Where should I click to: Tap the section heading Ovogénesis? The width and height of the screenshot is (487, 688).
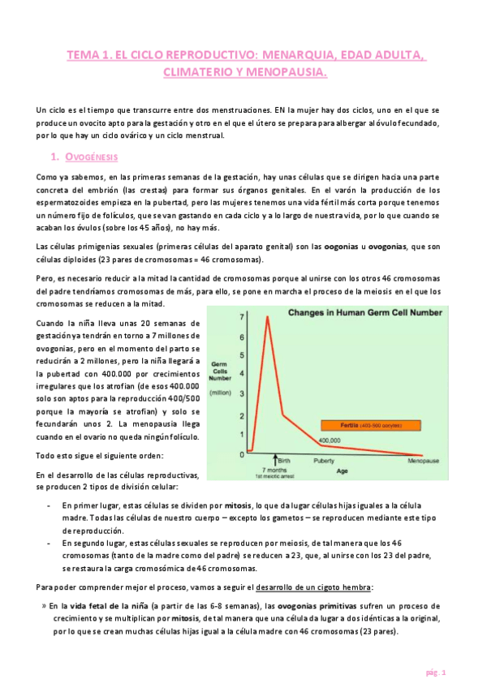coord(89,155)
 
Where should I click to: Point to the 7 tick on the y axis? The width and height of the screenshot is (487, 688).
coord(241,316)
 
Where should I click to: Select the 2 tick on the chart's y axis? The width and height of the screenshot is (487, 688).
coord(241,415)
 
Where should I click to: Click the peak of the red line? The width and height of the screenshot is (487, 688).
coord(268,316)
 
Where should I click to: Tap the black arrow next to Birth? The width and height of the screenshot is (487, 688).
coord(274,459)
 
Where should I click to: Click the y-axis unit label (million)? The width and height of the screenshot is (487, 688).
coord(222,393)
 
